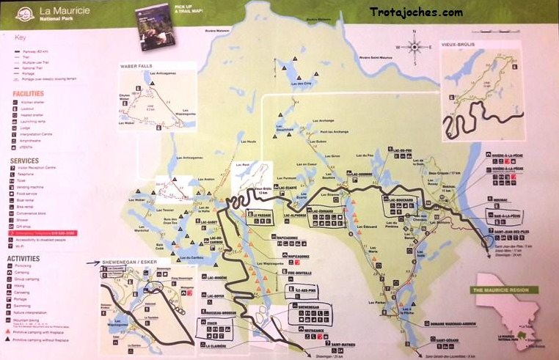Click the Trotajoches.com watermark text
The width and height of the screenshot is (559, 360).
pos(416,12)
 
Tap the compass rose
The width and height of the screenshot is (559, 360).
pos(415,46)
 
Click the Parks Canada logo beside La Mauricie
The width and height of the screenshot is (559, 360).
pos(27,13)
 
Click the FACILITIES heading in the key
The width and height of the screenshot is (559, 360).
pos(28,94)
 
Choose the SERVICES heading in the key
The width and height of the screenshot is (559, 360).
pos(24,161)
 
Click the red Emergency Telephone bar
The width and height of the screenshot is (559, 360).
pos(48,232)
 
